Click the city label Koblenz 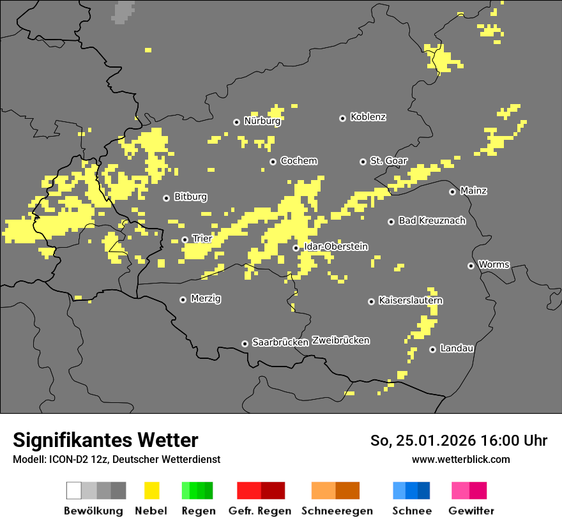click(368, 117)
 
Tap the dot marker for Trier click(185, 240)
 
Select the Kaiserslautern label click(411, 300)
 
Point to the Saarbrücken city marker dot click(245, 344)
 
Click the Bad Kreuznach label click(432, 220)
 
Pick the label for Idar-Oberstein click(336, 246)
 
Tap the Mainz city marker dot click(452, 192)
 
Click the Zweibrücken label click(340, 340)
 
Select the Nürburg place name click(262, 121)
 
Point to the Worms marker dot click(471, 266)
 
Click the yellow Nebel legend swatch click(151, 490)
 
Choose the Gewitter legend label click(471, 511)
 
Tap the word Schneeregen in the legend click(337, 511)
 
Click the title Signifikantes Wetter click(105, 440)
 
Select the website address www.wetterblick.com click(460, 459)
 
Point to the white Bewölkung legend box click(74, 490)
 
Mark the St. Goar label click(388, 161)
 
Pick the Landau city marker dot click(432, 349)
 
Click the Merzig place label click(206, 298)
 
